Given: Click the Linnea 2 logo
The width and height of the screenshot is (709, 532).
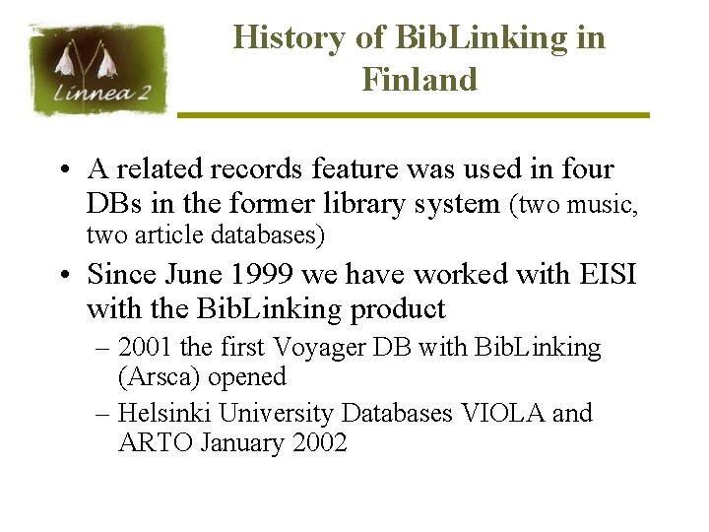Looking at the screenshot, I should [98, 69].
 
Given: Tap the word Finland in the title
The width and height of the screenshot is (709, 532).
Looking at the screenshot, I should [419, 79].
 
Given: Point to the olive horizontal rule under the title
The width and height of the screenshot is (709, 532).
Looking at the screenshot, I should [414, 115].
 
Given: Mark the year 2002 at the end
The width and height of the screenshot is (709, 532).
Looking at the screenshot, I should [320, 443].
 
